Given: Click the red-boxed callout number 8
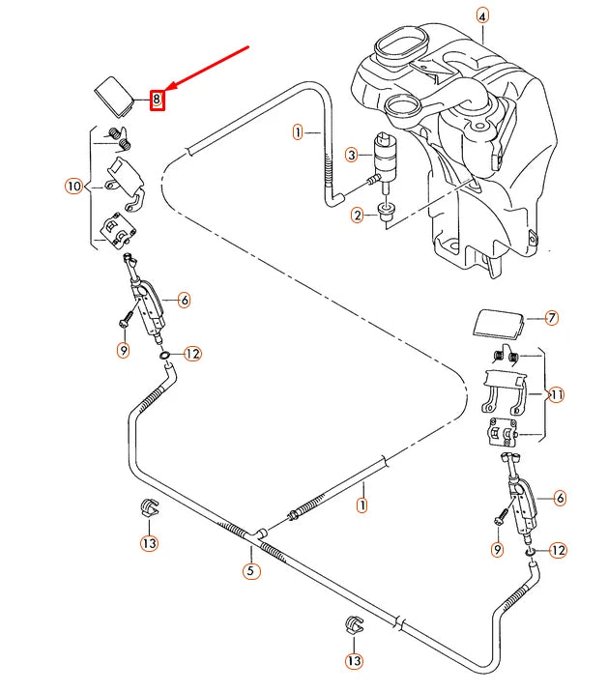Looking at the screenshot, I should pos(159,98).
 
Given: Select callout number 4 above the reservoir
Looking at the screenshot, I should pos(482,14).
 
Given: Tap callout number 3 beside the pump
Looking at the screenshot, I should pos(352,154).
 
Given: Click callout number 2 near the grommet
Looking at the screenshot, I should pos(357,215).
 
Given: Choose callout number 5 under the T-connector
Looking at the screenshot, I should pos(249,571).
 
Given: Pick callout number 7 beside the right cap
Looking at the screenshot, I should pos(552,317).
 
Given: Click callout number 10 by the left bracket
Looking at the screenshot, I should pos(73,185).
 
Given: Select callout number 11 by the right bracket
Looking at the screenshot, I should pos(556,394).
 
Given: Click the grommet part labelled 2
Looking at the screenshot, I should pos(388,212).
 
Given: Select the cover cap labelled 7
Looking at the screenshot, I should pos(498,323).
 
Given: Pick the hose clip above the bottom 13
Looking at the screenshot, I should pos(353,623).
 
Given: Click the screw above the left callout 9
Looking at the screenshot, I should pos(126,316).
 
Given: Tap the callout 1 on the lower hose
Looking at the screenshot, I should pos(361,504).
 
